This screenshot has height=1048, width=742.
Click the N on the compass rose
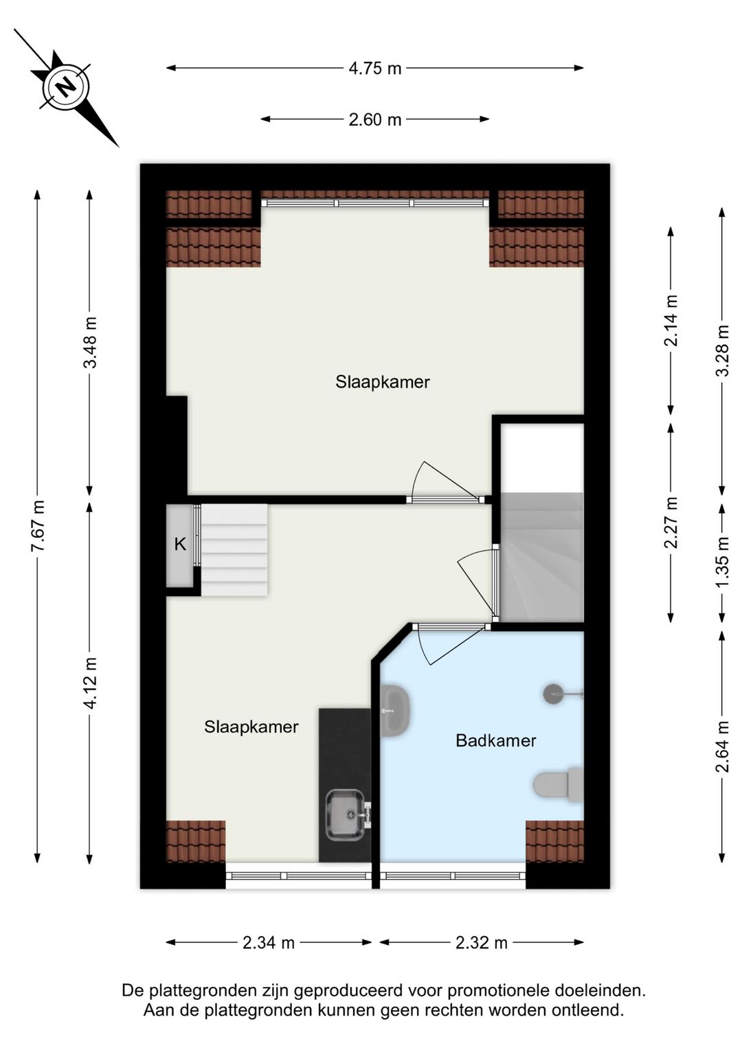coord(66,87)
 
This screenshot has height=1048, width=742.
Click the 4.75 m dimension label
coord(375,69)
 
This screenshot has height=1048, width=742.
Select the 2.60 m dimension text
coord(375,119)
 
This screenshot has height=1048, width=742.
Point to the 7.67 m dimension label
coord(38,525)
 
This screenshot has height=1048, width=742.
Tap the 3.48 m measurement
coord(91,343)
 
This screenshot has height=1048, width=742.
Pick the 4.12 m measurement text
coord(91,683)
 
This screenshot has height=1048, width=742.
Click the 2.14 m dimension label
coord(671,321)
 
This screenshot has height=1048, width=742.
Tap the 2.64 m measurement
coord(723,747)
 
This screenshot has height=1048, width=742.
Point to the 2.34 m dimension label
coord(269,943)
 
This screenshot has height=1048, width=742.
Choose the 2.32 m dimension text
coord(482,943)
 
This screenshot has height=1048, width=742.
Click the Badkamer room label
coord(496,740)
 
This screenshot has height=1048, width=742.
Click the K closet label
coord(180,544)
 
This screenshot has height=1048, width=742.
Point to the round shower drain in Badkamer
coord(554,694)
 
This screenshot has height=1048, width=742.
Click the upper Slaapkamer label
coord(383,382)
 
